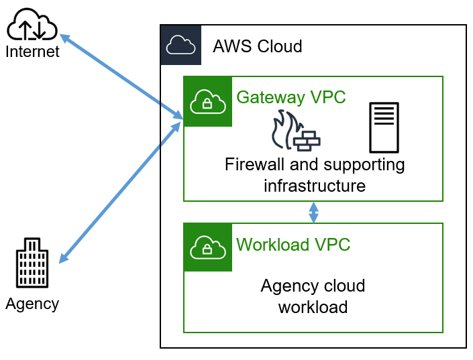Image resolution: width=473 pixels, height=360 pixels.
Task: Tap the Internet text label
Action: (x=32, y=52)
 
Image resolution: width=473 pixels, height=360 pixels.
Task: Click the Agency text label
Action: (x=32, y=304)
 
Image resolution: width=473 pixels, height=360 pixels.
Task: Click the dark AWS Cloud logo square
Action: (x=180, y=45)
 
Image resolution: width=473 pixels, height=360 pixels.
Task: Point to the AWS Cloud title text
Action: (x=257, y=46)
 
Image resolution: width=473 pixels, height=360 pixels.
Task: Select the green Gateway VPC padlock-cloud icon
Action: (x=207, y=101)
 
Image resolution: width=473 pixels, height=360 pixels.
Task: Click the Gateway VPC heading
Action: (x=291, y=97)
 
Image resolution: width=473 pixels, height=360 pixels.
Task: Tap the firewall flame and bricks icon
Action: (x=295, y=130)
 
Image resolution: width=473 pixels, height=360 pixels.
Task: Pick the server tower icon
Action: (x=384, y=127)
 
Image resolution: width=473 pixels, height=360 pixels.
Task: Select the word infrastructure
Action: (x=314, y=185)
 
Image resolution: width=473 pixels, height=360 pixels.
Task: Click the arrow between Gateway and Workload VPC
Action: (x=313, y=213)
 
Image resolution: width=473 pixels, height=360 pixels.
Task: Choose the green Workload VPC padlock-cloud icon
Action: (x=207, y=247)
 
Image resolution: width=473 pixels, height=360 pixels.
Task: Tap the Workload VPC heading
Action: (x=293, y=245)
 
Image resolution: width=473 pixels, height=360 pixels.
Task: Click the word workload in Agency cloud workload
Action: (x=313, y=307)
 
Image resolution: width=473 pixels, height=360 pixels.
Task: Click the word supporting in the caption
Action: (x=364, y=164)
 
